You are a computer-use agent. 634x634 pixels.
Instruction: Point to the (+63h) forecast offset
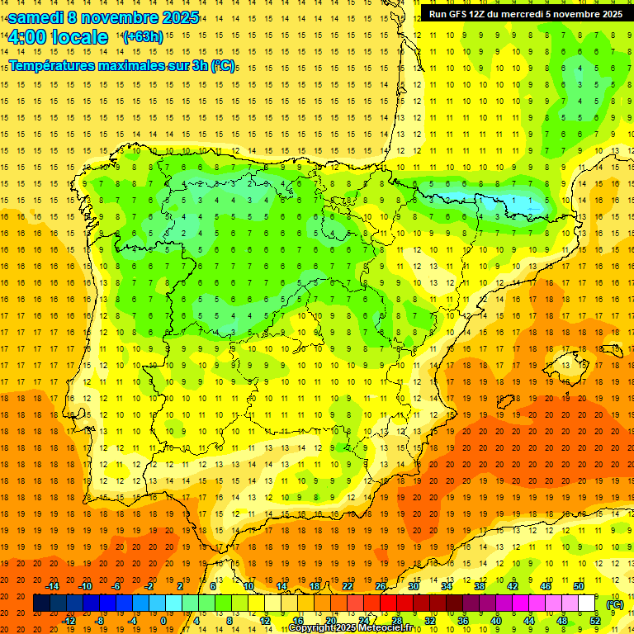point(143,37)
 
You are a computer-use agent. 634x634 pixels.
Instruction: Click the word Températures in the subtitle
point(51,65)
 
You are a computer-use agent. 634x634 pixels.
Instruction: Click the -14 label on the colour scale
point(52,586)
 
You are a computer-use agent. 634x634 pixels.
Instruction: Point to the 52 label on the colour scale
point(595,621)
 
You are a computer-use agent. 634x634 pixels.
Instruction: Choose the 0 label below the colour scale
point(163,621)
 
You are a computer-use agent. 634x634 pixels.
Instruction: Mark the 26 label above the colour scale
point(381,586)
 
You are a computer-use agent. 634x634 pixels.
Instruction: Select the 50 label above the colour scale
point(578,586)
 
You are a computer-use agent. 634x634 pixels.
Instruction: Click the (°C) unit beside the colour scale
point(615,604)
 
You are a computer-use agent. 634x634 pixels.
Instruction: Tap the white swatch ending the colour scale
point(587,603)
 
